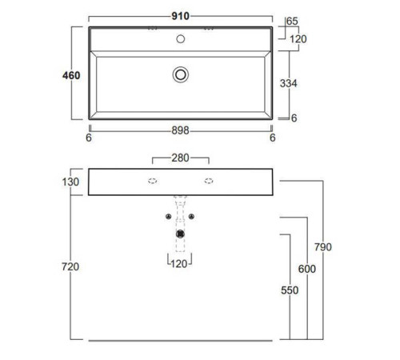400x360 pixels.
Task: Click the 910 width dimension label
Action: click(x=180, y=16)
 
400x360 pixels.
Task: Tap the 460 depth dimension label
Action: click(x=71, y=75)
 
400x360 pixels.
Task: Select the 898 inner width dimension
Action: click(x=180, y=130)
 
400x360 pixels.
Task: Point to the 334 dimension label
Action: click(x=288, y=83)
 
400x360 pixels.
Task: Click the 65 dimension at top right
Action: click(x=292, y=21)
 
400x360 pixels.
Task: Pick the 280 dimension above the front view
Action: click(x=180, y=158)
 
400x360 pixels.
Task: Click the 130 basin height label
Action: click(x=70, y=182)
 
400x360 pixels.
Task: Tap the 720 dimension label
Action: click(x=70, y=266)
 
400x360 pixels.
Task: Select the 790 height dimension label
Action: click(x=323, y=247)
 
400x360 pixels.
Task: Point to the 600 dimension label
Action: click(x=307, y=269)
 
